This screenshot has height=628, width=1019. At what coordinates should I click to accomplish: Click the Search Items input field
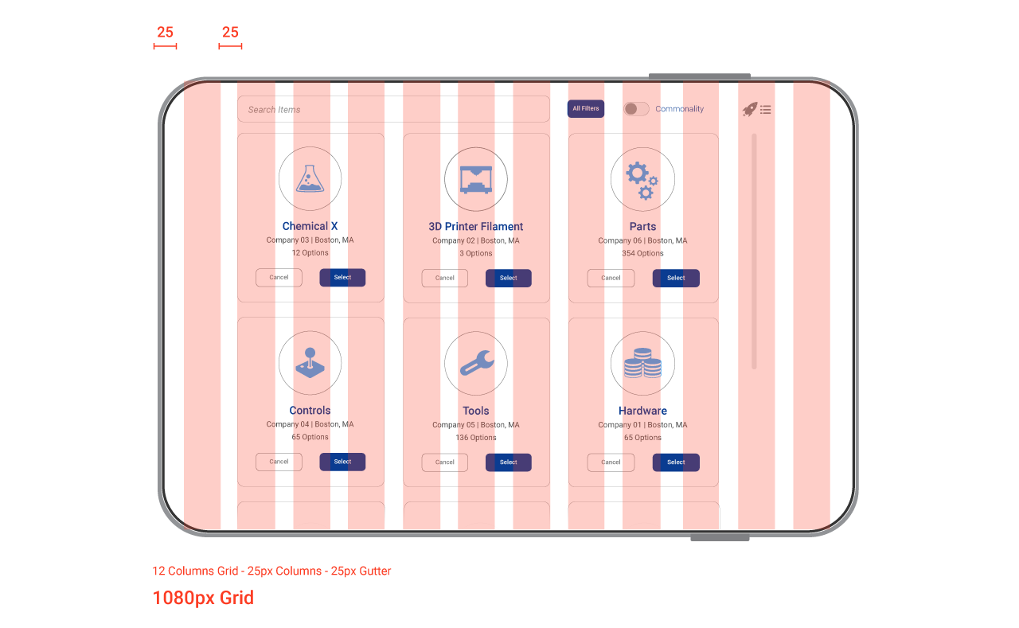(x=393, y=109)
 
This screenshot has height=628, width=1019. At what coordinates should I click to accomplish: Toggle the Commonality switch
(x=636, y=109)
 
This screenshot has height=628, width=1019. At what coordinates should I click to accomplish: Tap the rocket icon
(x=749, y=110)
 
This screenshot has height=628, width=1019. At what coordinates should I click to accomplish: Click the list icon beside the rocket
(x=766, y=110)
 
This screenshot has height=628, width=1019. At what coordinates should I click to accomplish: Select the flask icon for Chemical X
(x=310, y=178)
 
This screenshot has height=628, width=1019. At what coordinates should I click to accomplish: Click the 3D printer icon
(x=476, y=178)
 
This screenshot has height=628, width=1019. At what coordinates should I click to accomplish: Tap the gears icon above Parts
(x=642, y=179)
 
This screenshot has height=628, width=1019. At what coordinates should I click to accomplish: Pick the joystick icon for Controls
(x=310, y=362)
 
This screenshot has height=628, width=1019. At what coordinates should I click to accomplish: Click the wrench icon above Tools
(x=476, y=363)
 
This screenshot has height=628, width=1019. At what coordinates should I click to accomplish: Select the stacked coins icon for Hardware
(x=642, y=363)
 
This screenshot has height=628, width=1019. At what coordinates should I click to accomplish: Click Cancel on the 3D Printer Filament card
(x=445, y=278)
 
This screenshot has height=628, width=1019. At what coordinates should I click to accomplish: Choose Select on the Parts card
(x=676, y=278)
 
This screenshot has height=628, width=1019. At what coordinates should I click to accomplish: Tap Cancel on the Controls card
(x=279, y=462)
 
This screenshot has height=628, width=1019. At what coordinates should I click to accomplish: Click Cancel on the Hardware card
(x=611, y=462)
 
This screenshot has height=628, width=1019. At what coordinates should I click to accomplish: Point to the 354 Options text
(x=642, y=253)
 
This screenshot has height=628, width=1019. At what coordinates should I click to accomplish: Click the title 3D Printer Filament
(x=476, y=226)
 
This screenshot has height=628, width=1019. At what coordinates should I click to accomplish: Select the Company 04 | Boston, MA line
(x=310, y=424)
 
